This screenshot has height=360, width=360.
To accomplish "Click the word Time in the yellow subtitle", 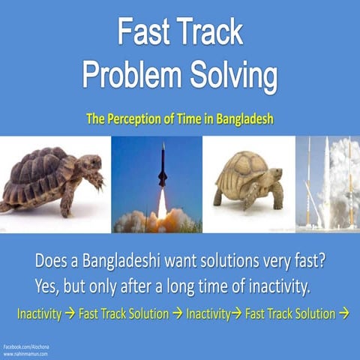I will tap(196, 118).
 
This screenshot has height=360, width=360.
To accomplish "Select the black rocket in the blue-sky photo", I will tap(163, 166).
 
